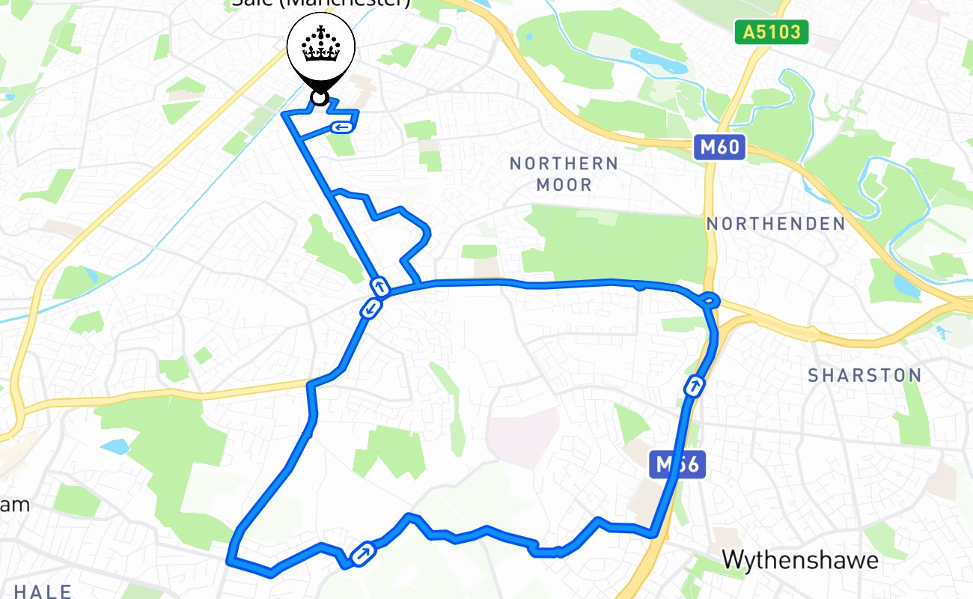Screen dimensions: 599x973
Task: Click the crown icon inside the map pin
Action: tap(320, 46)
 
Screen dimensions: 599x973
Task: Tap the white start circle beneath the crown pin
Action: tap(320, 98)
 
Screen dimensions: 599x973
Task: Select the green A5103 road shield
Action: tap(771, 32)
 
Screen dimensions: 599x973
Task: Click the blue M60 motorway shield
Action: tap(719, 148)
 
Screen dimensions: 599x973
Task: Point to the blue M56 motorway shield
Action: tap(677, 465)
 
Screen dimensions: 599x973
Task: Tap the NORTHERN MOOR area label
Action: tap(564, 174)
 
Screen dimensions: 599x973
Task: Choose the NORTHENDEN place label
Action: tap(775, 224)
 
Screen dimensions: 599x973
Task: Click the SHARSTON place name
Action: tap(864, 376)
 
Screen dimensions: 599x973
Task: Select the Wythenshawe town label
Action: tap(800, 560)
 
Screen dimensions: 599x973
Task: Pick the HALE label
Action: tap(43, 592)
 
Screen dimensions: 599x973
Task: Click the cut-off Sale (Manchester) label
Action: tap(321, 3)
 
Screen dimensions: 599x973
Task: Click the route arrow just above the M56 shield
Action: tap(695, 387)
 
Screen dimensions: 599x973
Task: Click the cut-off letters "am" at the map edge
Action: tap(15, 504)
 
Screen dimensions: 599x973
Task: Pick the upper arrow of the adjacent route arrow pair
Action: tap(380, 286)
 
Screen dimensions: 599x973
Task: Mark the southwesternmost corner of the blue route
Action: tap(231, 559)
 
